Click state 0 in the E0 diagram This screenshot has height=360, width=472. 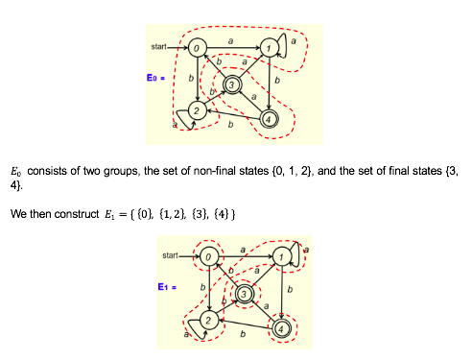(196, 47)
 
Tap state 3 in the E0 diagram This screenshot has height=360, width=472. (231, 85)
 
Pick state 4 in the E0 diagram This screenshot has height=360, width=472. (269, 120)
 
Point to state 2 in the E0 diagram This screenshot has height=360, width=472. (196, 112)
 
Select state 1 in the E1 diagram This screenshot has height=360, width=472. (281, 257)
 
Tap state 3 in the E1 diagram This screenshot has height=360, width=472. (245, 293)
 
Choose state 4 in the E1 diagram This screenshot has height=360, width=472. (281, 327)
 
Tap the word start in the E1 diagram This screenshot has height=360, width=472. (173, 255)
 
